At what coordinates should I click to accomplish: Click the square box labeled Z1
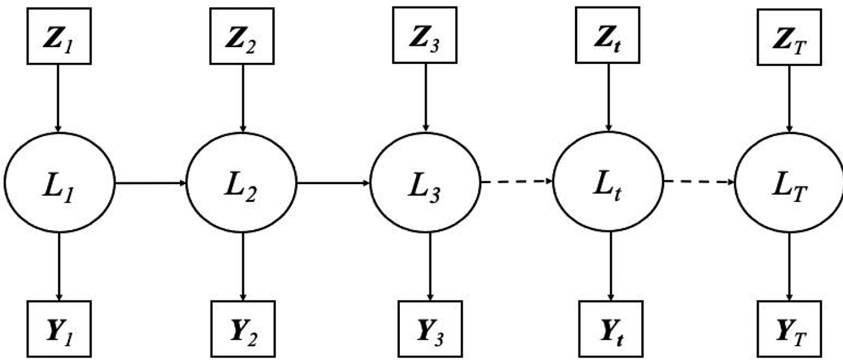[x=59, y=36]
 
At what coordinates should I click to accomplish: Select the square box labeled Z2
[x=242, y=36]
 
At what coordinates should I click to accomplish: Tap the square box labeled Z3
[x=425, y=35]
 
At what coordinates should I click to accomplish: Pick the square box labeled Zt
[x=607, y=35]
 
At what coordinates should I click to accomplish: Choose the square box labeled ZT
[x=789, y=37]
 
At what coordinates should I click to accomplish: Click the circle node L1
[x=59, y=182]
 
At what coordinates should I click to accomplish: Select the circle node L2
[x=242, y=182]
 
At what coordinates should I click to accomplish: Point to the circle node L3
[x=425, y=182]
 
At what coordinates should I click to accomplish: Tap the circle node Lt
[x=608, y=182]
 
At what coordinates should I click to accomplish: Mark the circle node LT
[x=789, y=182]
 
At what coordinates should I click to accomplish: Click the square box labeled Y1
[x=59, y=329]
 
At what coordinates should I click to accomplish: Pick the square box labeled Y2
[x=243, y=329]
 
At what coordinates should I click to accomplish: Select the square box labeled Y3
[x=430, y=329]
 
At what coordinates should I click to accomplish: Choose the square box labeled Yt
[x=611, y=329]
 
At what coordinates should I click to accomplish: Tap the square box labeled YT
[x=789, y=329]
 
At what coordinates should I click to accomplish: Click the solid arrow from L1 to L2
[x=150, y=183]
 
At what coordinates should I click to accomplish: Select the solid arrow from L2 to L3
[x=333, y=183]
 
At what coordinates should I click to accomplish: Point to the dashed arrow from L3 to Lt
[x=517, y=182]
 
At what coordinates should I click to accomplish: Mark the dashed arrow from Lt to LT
[x=699, y=182]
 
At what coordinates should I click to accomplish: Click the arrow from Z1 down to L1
[x=58, y=99]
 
